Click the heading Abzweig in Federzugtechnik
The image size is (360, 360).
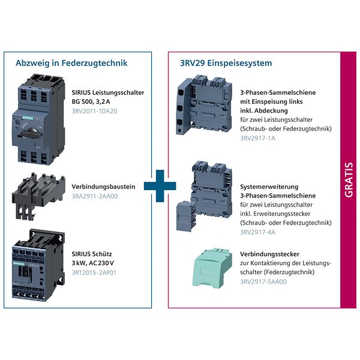71,63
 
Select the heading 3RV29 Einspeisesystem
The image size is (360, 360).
226,63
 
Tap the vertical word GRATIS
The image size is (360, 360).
349,180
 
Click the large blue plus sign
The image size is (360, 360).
160,186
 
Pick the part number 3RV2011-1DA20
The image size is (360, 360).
94,111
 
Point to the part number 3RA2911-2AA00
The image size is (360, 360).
95,196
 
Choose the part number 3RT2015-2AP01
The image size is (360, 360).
94,273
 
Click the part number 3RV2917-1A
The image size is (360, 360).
257,138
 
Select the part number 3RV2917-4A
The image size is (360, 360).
257,232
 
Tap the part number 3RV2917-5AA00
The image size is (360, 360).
263,282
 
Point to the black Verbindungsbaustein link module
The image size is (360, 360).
38,196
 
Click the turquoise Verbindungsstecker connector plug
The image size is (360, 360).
212,268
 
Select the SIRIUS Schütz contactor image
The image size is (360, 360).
38,265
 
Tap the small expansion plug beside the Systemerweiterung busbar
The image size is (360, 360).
185,216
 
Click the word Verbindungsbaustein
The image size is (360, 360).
103,187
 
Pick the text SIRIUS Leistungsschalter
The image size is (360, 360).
108,93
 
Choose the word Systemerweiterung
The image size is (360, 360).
269,187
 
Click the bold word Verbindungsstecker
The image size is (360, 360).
270,254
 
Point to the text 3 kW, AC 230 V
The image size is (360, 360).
93,263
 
